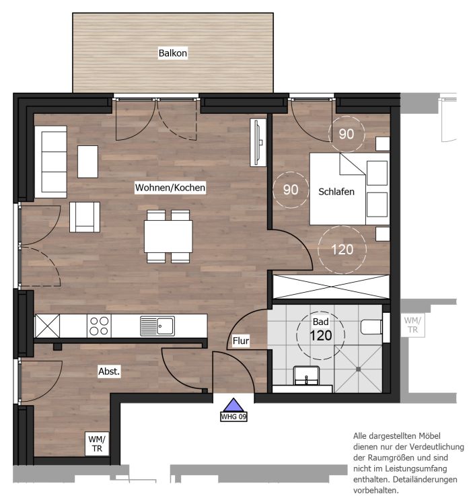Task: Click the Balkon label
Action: (x=172, y=53)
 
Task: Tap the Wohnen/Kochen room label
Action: (x=170, y=187)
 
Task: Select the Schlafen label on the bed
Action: (x=336, y=192)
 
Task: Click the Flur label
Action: (x=241, y=341)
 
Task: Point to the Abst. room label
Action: (x=109, y=371)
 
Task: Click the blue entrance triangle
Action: (x=233, y=404)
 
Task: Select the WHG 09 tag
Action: (x=233, y=417)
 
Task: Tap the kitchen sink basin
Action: (x=166, y=326)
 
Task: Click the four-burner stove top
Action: (x=99, y=326)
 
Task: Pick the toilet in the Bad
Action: (x=371, y=327)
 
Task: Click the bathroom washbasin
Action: (x=306, y=375)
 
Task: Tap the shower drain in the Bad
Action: (x=358, y=369)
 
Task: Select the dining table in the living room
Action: (x=168, y=237)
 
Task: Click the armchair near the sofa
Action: (x=85, y=217)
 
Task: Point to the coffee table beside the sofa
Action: (x=87, y=162)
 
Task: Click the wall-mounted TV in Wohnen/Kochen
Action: (x=258, y=143)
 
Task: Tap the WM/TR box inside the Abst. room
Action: (x=97, y=443)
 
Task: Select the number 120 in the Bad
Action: (x=321, y=336)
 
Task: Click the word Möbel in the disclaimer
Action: (x=429, y=436)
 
